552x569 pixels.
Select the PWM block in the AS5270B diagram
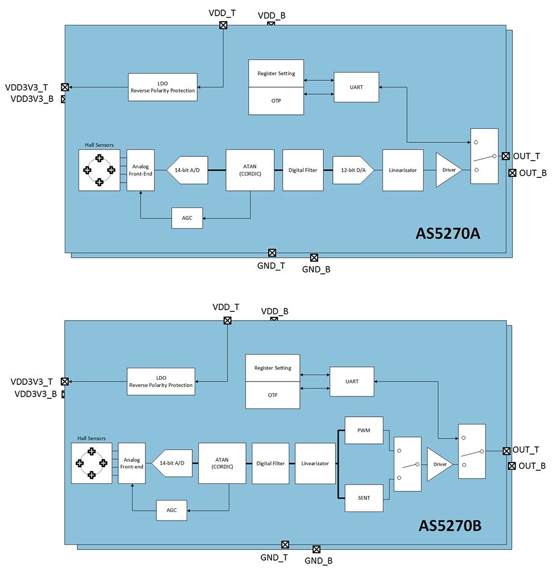click(x=364, y=430)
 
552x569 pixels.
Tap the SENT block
click(x=364, y=497)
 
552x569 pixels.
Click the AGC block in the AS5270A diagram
click(x=187, y=218)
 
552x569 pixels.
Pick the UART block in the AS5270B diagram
click(x=352, y=382)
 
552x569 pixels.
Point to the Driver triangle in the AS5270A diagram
click(x=448, y=170)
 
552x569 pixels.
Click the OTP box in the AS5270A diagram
click(x=276, y=101)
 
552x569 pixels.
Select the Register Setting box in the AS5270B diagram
click(x=273, y=368)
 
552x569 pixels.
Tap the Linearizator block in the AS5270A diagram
click(x=403, y=170)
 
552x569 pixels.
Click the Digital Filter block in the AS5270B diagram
click(x=270, y=464)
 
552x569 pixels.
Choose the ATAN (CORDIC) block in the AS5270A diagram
click(x=250, y=170)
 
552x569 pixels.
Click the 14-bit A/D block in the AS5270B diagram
click(x=172, y=464)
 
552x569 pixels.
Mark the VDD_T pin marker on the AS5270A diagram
click(x=223, y=25)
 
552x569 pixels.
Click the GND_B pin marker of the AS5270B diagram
click(x=317, y=549)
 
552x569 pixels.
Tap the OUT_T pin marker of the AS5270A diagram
click(x=506, y=156)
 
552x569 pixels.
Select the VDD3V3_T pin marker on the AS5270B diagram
click(x=65, y=382)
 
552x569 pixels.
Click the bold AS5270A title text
click(x=448, y=233)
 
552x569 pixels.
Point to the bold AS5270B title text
click(x=450, y=525)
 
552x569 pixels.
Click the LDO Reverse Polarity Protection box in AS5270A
click(x=162, y=87)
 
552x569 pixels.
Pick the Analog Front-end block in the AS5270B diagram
click(x=132, y=463)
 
